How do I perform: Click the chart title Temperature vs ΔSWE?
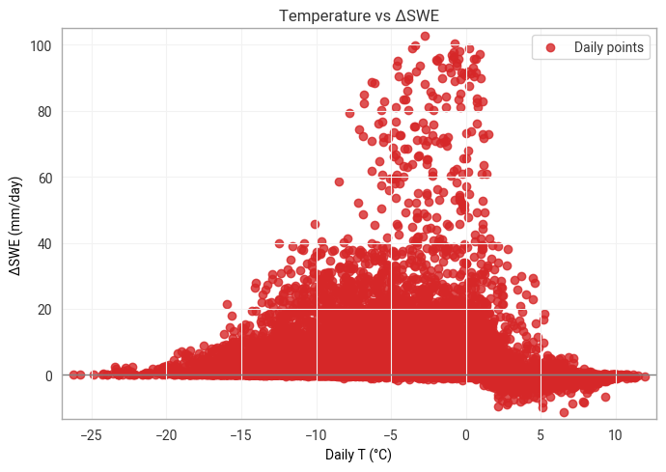pyautogui.click(x=359, y=15)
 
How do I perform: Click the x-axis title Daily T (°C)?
pyautogui.click(x=359, y=454)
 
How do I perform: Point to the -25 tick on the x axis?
pyautogui.click(x=91, y=433)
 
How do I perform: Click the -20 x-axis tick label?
pyautogui.click(x=166, y=433)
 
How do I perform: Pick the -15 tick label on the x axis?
pyautogui.click(x=240, y=433)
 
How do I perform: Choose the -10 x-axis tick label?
pyautogui.click(x=316, y=433)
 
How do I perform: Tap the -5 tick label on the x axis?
pyautogui.click(x=391, y=433)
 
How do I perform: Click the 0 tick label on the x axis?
pyautogui.click(x=466, y=433)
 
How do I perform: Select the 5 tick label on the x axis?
pyautogui.click(x=541, y=433)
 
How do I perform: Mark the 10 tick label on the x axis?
pyautogui.click(x=616, y=433)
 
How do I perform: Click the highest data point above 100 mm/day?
pyautogui.click(x=426, y=37)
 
